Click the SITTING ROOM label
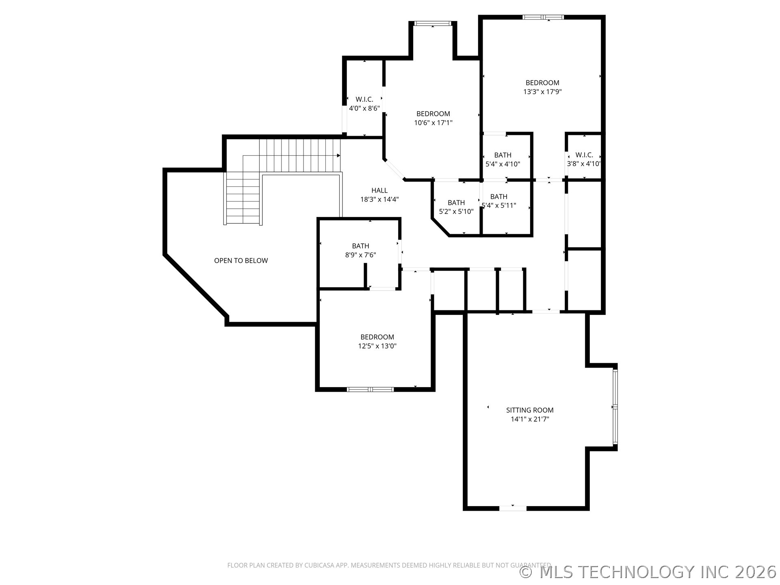(x=530, y=410)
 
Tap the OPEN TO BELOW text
(x=241, y=261)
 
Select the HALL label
(x=379, y=191)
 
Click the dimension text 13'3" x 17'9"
(x=542, y=92)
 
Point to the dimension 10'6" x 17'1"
(x=433, y=123)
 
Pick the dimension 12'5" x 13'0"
(x=377, y=346)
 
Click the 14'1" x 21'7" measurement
(x=530, y=419)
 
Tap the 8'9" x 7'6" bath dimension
(x=360, y=255)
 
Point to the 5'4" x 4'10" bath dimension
(x=503, y=164)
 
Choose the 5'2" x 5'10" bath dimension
(x=456, y=212)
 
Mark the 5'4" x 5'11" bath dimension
(x=498, y=206)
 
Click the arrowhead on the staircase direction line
(x=338, y=156)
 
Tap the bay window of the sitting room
(x=615, y=407)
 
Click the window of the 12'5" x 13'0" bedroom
(x=370, y=390)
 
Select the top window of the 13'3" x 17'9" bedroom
(x=543, y=17)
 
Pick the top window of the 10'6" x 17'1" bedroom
(x=433, y=23)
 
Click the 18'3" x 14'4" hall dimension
(x=379, y=199)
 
